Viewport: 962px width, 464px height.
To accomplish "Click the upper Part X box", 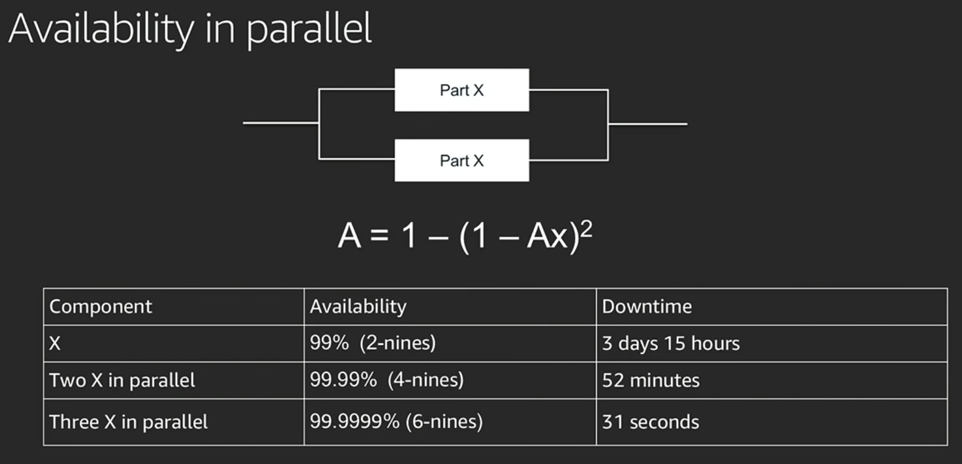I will tap(461, 90).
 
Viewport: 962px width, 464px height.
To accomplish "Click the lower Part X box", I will tap(461, 160).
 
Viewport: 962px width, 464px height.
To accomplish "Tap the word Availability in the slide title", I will tap(101, 29).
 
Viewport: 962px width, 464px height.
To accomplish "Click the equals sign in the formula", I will tap(380, 236).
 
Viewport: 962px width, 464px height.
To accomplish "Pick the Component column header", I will tap(101, 306).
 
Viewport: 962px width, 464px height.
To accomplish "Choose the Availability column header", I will tap(358, 306).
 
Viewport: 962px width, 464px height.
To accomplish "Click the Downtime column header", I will tap(647, 306).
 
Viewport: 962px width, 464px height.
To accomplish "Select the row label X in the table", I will tap(55, 344).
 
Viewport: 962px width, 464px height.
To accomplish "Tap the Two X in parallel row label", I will tap(122, 381).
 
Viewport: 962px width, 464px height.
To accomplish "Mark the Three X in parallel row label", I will tap(128, 422).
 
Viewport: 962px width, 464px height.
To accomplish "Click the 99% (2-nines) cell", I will tap(373, 343).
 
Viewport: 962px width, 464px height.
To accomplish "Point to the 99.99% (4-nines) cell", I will tap(387, 380).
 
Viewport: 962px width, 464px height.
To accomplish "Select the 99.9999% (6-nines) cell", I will tap(396, 421).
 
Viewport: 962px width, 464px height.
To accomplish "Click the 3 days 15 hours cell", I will tap(671, 344).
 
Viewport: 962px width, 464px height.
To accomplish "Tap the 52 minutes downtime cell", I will tap(651, 381).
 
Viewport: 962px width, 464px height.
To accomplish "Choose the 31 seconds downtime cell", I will tap(650, 422).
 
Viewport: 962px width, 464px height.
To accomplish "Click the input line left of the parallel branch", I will tap(281, 123).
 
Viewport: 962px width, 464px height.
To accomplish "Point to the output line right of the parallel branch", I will tap(647, 124).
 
